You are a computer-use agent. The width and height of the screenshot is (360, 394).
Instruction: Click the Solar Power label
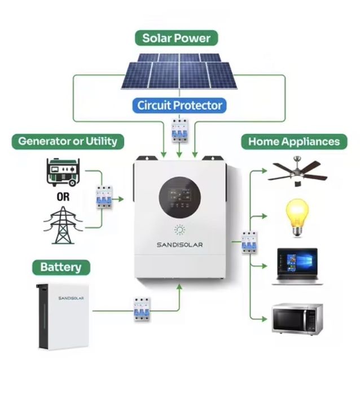tap(177, 38)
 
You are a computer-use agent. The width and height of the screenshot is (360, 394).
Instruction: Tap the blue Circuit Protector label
tap(179, 105)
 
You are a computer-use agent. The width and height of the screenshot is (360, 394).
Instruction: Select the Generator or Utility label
tap(68, 141)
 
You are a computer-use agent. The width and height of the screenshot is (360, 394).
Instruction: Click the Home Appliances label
tap(294, 141)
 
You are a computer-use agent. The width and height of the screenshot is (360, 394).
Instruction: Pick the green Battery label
tap(61, 267)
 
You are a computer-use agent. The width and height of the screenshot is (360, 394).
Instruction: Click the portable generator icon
tap(63, 172)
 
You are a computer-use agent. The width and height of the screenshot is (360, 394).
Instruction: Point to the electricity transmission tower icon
tap(63, 225)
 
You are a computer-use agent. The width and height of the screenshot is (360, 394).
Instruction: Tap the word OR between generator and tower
tap(63, 197)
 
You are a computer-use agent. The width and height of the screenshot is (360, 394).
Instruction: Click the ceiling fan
tap(297, 171)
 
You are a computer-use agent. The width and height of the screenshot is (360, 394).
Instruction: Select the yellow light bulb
tap(297, 218)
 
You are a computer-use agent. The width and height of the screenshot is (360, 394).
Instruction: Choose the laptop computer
tap(297, 267)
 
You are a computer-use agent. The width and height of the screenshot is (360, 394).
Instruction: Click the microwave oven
tap(297, 318)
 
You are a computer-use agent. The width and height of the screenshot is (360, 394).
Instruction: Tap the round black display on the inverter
tap(179, 197)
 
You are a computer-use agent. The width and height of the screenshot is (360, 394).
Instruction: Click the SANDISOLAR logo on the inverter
tap(179, 245)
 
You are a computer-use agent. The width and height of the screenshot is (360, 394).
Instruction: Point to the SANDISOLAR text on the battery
tap(71, 298)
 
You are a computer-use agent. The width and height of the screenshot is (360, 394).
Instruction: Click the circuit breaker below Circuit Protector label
tap(179, 130)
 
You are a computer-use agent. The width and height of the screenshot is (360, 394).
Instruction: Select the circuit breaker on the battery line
tap(142, 309)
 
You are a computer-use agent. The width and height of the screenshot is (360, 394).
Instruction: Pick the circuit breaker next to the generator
tap(104, 197)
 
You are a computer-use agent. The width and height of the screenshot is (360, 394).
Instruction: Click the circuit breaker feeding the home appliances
tap(249, 242)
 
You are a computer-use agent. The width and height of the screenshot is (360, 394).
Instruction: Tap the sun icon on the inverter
tap(179, 229)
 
